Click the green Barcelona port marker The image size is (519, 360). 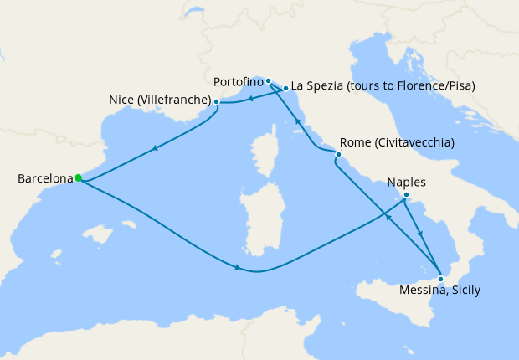77,177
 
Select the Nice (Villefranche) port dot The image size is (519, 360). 217,102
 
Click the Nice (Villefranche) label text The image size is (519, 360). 159,101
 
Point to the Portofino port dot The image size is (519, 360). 268,81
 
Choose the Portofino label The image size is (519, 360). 238,82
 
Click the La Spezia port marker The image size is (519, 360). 285,87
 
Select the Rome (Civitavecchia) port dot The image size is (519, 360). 337,154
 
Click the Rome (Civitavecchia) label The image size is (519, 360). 398,142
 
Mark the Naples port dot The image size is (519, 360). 405,196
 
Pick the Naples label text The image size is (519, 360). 407,182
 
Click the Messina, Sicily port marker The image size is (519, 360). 440,279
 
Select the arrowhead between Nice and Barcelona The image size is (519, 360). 154,149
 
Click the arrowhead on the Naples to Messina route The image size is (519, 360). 420,234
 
